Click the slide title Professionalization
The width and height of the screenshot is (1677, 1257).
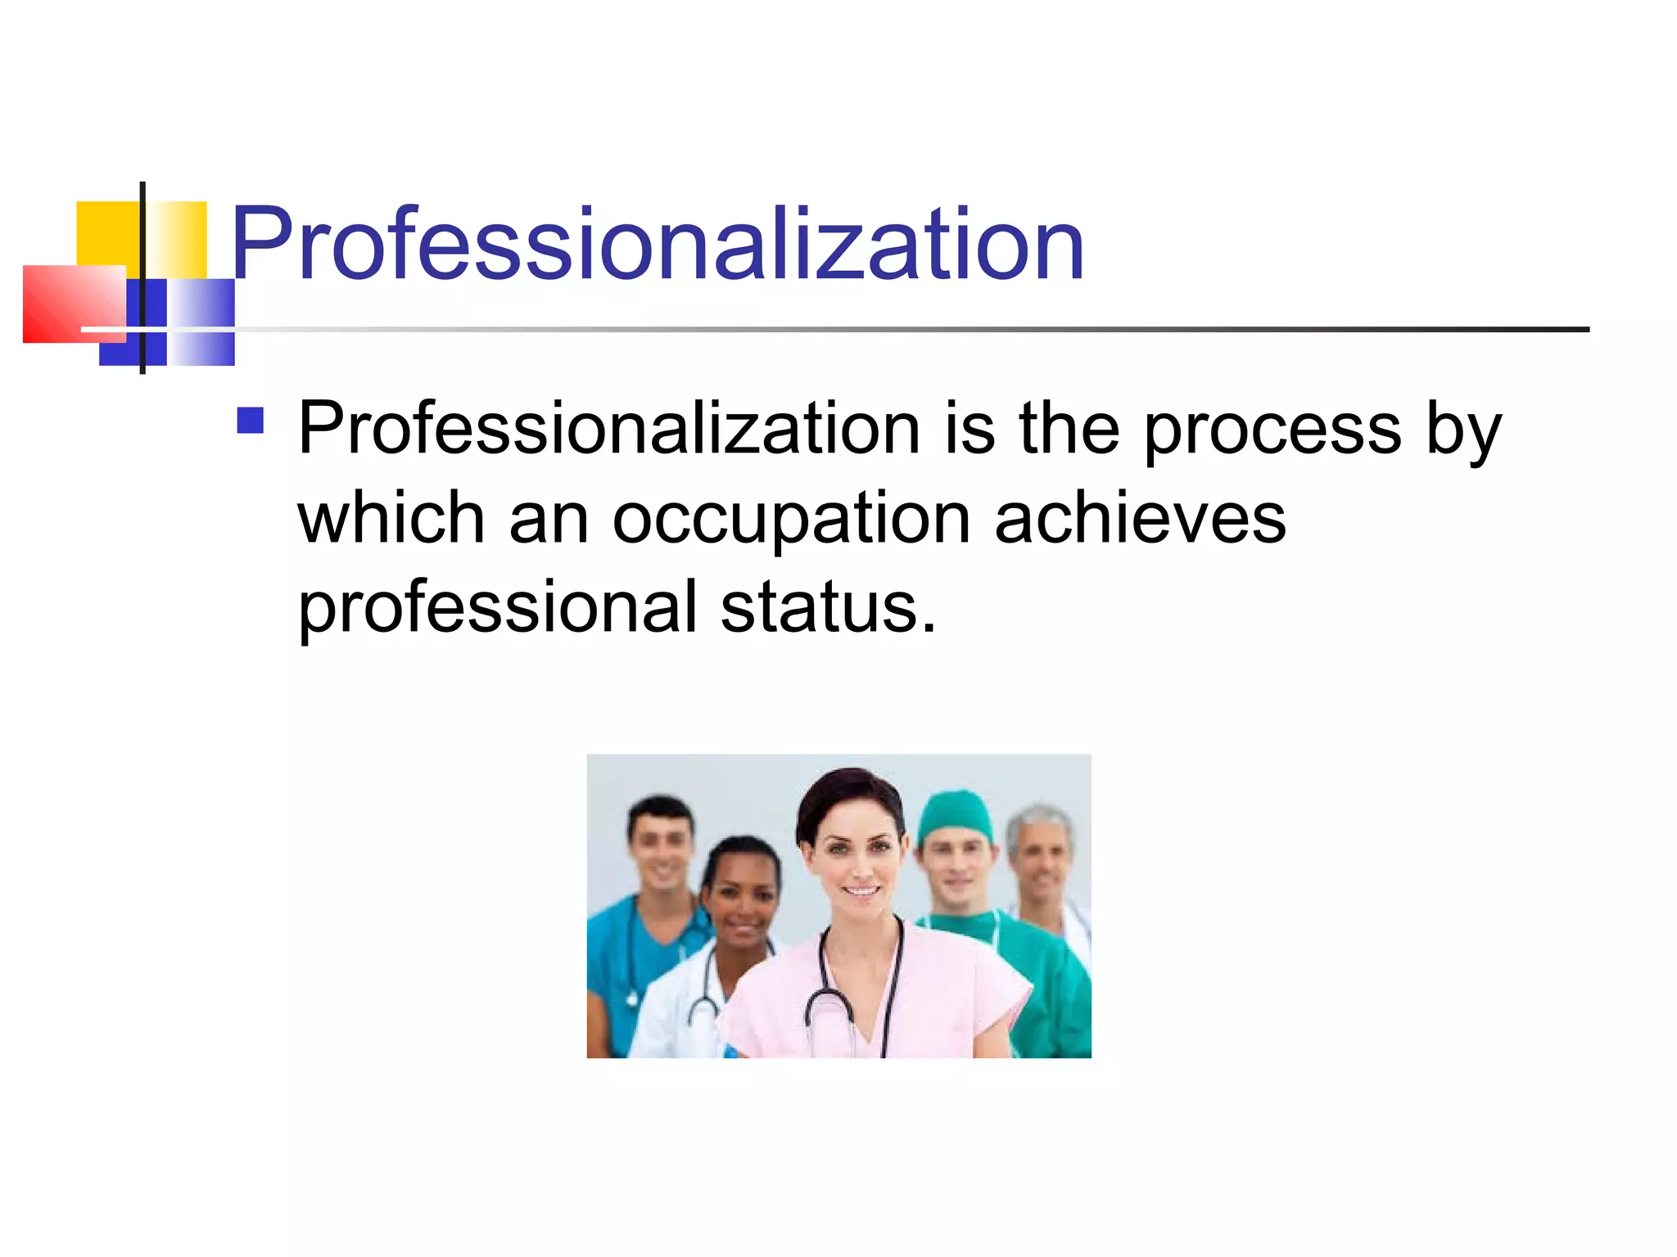tap(658, 243)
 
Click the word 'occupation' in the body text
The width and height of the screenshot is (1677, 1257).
tap(792, 520)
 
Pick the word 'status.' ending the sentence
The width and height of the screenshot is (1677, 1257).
tap(829, 608)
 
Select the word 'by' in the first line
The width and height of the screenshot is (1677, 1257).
tap(1463, 431)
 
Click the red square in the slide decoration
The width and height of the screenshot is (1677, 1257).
tap(74, 304)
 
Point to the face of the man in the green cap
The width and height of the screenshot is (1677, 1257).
tap(955, 867)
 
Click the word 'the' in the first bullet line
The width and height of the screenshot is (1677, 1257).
tap(1069, 430)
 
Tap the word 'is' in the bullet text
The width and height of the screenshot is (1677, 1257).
tap(970, 430)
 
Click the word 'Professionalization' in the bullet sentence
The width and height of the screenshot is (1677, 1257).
tap(609, 430)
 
